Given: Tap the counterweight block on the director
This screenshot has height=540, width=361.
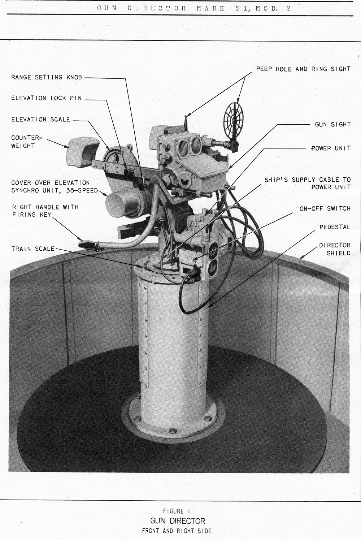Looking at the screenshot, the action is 82,151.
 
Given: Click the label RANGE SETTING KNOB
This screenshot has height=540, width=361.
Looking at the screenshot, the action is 47,77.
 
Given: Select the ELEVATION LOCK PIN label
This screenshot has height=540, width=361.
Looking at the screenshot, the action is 47,98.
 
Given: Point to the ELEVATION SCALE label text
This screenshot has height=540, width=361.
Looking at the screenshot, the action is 40,119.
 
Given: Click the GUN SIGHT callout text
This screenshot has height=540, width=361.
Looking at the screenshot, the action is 332,124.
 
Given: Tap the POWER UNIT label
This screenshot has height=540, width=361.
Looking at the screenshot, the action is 331,148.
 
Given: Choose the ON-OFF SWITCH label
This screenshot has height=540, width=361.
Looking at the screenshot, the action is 325,208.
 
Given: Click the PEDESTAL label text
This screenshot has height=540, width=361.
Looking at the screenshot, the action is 335,227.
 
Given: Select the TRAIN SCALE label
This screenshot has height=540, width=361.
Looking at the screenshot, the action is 33,249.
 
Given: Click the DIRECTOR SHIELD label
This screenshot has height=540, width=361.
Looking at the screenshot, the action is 335,249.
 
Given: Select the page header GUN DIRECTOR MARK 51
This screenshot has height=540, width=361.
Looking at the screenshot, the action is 194,8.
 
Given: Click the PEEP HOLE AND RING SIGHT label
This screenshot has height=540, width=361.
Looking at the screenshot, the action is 303,69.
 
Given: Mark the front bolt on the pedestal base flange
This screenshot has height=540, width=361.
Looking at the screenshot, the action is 173,431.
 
